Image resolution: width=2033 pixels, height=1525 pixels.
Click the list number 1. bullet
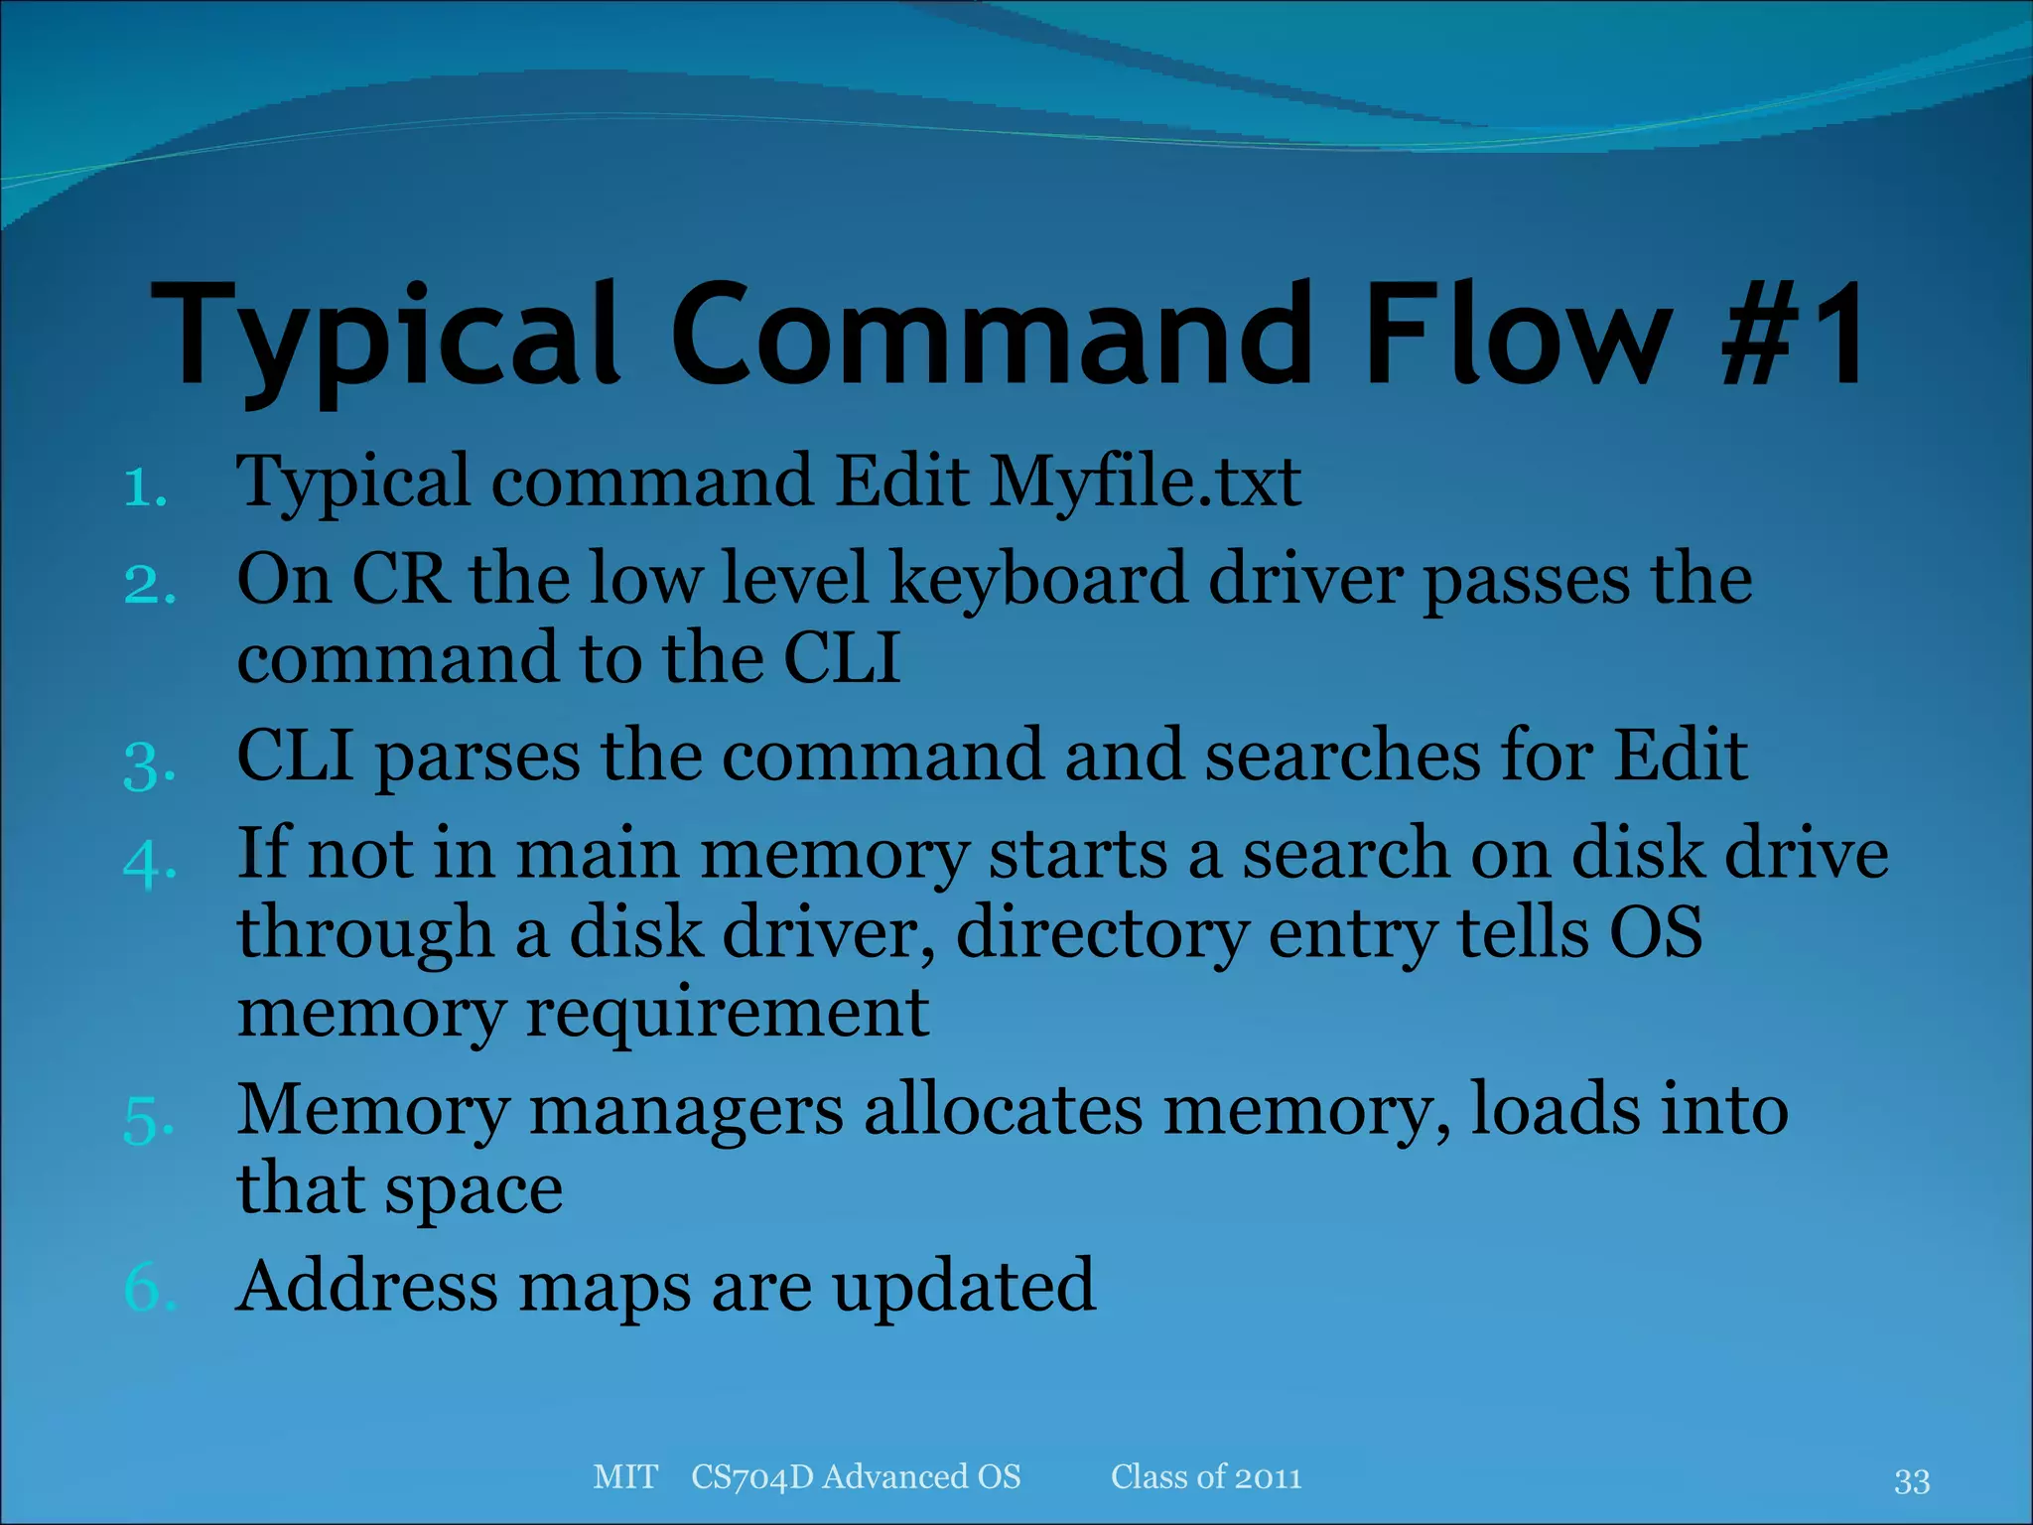coord(146,487)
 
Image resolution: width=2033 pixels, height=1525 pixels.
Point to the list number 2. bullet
coord(150,584)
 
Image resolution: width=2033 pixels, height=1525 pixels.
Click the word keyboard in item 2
coord(1038,580)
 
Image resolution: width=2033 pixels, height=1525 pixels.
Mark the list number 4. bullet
coord(150,862)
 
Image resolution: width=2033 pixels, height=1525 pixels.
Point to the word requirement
coord(728,1014)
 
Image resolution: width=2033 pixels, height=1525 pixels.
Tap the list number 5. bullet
coord(150,1120)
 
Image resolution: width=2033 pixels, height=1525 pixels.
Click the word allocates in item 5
coord(1004,1111)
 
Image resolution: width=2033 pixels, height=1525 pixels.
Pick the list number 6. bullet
coord(150,1289)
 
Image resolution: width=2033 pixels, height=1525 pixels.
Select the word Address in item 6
coord(366,1287)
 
